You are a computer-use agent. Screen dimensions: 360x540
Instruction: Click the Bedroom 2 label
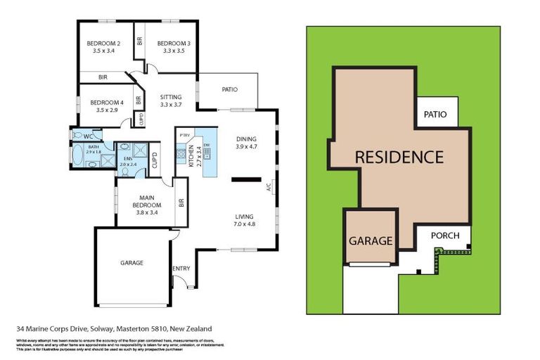click(x=103, y=42)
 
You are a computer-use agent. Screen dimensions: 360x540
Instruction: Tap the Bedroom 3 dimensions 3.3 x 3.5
click(x=169, y=51)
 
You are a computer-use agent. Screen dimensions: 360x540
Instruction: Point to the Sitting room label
click(x=171, y=97)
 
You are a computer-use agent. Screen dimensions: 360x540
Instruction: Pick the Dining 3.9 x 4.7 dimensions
click(x=247, y=147)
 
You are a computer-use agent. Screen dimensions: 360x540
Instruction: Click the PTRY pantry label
click(x=185, y=135)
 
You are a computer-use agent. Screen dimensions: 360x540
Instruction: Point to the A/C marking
click(x=269, y=188)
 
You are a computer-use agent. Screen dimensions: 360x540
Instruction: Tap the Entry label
click(x=181, y=268)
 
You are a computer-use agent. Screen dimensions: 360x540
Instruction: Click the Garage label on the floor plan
click(x=131, y=263)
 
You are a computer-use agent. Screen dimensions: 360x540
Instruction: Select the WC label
click(x=88, y=136)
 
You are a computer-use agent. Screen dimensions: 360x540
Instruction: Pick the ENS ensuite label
click(x=127, y=159)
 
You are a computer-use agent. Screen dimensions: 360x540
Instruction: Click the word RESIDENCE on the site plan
click(x=398, y=156)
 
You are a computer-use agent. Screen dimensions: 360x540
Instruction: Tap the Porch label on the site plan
click(x=446, y=236)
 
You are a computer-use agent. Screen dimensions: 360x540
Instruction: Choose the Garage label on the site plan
click(x=371, y=240)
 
